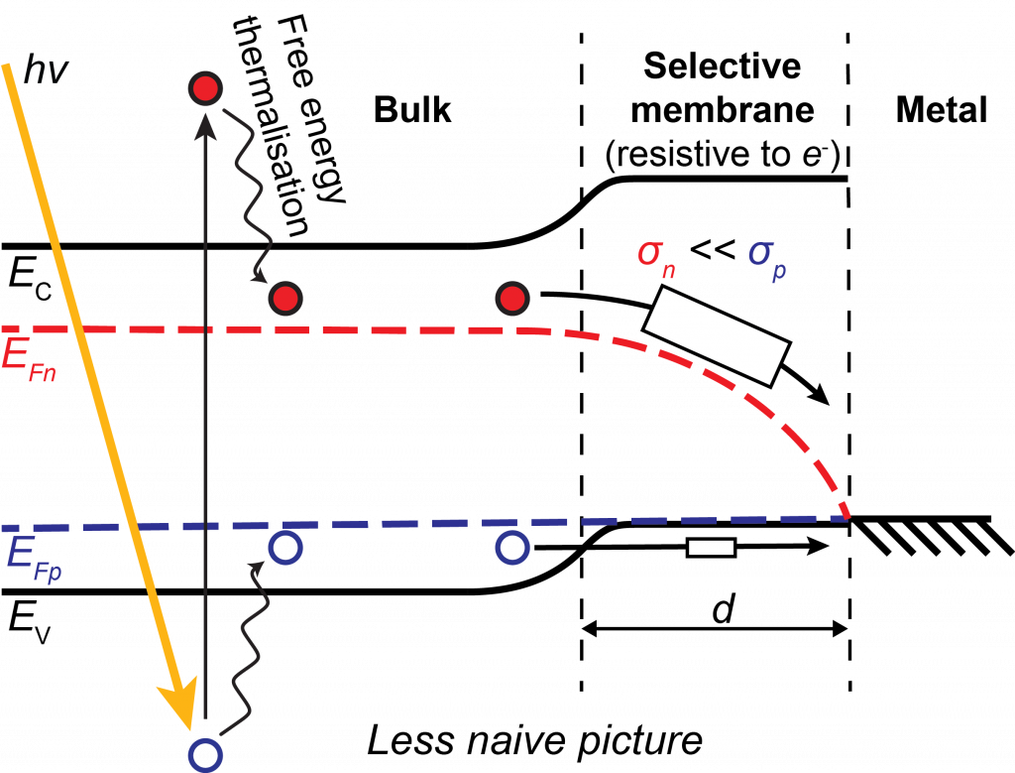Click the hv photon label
click(x=46, y=70)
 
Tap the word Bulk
click(x=412, y=109)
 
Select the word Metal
click(x=942, y=109)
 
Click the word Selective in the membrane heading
click(x=722, y=66)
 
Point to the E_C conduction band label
click(x=30, y=280)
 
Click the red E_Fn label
click(x=29, y=360)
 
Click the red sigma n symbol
click(x=656, y=258)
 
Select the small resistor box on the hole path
click(x=711, y=548)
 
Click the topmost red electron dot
click(x=205, y=88)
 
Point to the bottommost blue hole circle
click(x=205, y=754)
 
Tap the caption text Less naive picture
click(x=534, y=740)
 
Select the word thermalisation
click(x=271, y=127)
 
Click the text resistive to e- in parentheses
click(x=723, y=155)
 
